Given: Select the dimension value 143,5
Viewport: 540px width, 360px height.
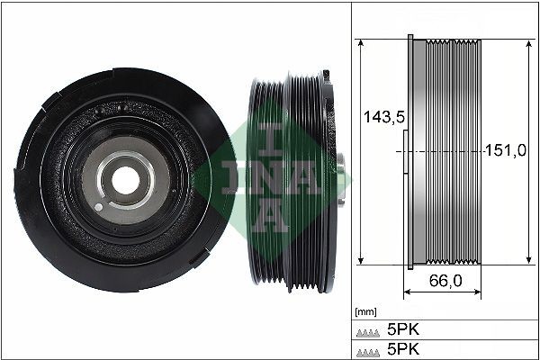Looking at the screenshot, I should point(378,116).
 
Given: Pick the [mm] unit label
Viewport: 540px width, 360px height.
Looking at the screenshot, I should point(366,311).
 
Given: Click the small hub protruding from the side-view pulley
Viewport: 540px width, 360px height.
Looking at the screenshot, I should point(342,167).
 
